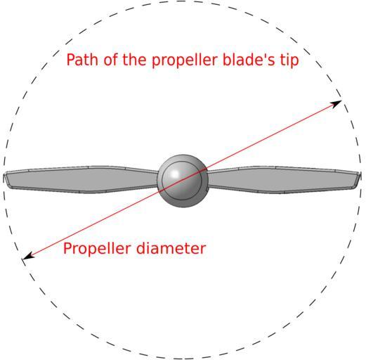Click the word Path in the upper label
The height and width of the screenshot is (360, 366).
(x=82, y=60)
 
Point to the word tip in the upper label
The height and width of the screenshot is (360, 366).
(x=289, y=60)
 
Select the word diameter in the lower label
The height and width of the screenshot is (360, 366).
(x=171, y=248)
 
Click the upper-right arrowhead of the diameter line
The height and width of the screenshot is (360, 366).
(x=336, y=103)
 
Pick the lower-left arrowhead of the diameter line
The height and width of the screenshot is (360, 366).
(x=28, y=256)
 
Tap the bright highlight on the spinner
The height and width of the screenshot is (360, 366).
(x=175, y=174)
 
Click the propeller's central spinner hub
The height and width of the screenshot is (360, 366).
(x=183, y=181)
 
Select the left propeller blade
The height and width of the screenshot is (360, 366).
(x=81, y=180)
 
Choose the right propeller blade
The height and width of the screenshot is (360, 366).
(x=284, y=180)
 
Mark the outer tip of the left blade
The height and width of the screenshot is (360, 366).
(x=4, y=178)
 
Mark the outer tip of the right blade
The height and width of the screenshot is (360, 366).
(x=360, y=178)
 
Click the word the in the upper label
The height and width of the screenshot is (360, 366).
(x=134, y=60)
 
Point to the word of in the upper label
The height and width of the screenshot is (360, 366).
(x=111, y=60)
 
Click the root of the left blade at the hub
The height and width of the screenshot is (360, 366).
(x=157, y=179)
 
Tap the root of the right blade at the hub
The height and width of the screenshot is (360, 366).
(x=209, y=179)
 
